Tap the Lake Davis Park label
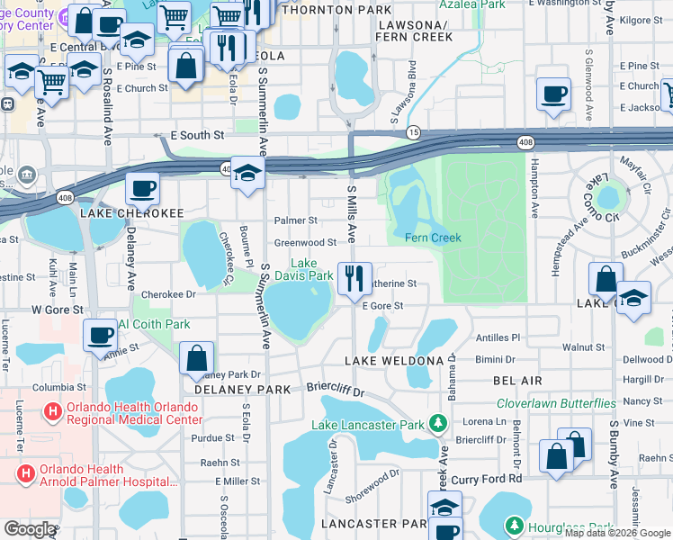[x=310, y=270]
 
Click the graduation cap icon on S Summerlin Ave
[x=247, y=173]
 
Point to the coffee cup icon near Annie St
[x=99, y=336]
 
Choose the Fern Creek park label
[x=433, y=238]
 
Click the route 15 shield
[x=413, y=132]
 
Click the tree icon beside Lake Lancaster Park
[x=438, y=422]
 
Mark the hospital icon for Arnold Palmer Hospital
[x=26, y=472]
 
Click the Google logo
[x=30, y=529]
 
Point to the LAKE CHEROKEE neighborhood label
[x=131, y=213]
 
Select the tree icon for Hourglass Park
[x=514, y=524]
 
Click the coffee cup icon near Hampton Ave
[x=552, y=93]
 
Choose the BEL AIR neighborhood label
[x=516, y=382]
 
